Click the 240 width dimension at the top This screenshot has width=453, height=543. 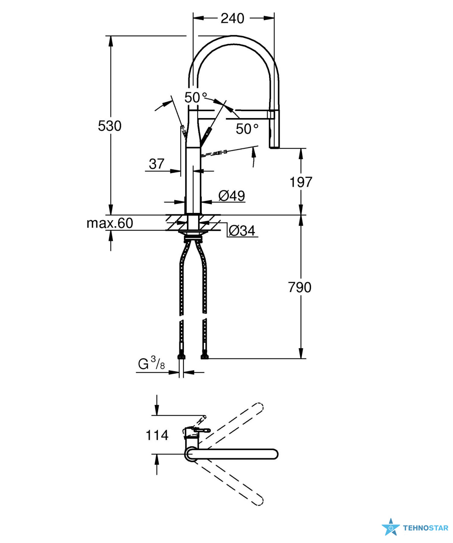pyautogui.click(x=232, y=18)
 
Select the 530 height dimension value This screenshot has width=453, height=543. pyautogui.click(x=110, y=126)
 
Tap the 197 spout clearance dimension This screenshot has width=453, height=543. pyautogui.click(x=301, y=182)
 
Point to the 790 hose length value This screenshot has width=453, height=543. pyautogui.click(x=300, y=287)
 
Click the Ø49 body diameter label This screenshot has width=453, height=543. pyautogui.click(x=232, y=196)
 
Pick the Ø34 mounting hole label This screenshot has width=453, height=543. pyautogui.click(x=242, y=231)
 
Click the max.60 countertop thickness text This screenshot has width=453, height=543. pyautogui.click(x=110, y=223)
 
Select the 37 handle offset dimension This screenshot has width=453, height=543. pyautogui.click(x=156, y=164)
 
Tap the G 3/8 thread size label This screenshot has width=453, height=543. pyautogui.click(x=151, y=363)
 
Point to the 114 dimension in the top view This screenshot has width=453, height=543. pyautogui.click(x=157, y=435)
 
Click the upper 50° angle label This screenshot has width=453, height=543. pyautogui.click(x=196, y=97)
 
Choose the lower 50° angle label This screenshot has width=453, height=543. pyautogui.click(x=247, y=129)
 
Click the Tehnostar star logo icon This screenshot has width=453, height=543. pyautogui.click(x=391, y=527)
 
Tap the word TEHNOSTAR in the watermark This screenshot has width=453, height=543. pyautogui.click(x=425, y=528)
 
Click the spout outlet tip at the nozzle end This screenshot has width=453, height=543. pyautogui.click(x=274, y=146)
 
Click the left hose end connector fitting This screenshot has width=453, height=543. pyautogui.click(x=181, y=357)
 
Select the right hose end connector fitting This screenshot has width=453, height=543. pyautogui.click(x=205, y=357)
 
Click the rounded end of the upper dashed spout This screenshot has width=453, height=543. pyautogui.click(x=258, y=407)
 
